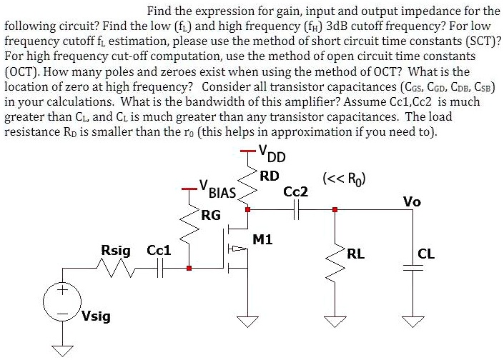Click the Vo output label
412,201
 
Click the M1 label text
263,239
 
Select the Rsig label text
117,250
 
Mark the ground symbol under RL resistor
334,321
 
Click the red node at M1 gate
189,269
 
